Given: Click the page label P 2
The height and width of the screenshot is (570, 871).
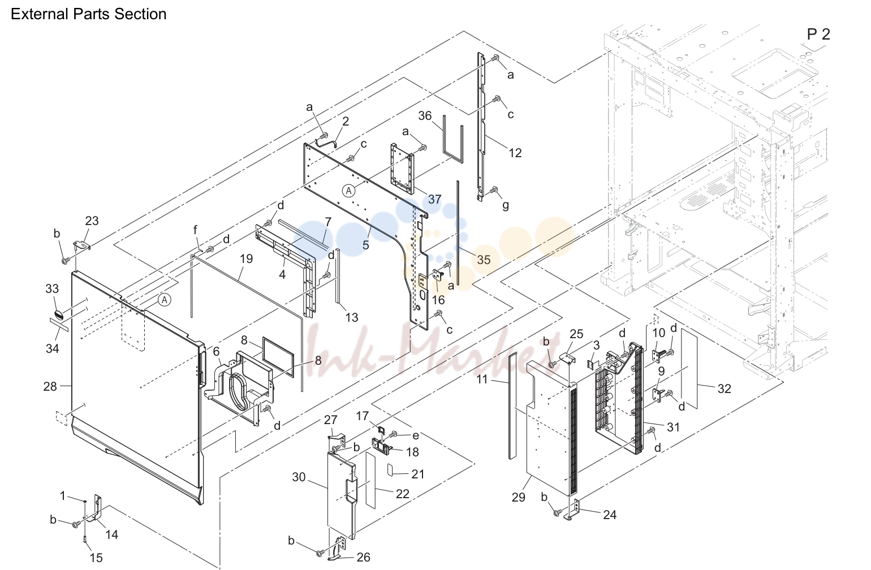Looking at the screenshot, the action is click(818, 34).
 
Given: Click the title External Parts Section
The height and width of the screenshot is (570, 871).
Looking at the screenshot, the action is click(88, 14).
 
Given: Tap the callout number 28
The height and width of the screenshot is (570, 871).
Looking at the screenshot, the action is click(50, 386).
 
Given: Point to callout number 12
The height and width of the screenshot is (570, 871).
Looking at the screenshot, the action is click(515, 153).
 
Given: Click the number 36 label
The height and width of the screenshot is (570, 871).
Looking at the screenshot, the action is click(425, 115).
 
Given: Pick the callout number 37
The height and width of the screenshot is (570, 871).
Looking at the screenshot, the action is click(435, 199).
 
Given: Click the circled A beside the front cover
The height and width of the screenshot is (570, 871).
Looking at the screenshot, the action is click(165, 300).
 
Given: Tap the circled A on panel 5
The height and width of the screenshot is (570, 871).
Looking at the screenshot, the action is click(349, 191).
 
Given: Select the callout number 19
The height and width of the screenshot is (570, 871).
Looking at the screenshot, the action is click(246, 258).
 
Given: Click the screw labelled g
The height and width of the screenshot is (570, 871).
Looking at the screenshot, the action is click(494, 190).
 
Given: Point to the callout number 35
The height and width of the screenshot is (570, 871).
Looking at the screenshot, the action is click(484, 260).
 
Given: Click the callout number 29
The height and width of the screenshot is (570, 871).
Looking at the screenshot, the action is click(518, 497).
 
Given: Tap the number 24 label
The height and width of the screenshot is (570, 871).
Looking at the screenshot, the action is click(610, 515).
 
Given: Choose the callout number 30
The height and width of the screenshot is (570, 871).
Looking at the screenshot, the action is click(299, 477).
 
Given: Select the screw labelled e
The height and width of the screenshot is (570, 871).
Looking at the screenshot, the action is click(394, 434).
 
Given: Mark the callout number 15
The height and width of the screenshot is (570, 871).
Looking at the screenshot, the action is click(96, 558).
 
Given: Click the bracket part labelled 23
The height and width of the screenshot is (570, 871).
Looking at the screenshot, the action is click(82, 245).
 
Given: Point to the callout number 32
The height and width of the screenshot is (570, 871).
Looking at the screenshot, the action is click(724, 389).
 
